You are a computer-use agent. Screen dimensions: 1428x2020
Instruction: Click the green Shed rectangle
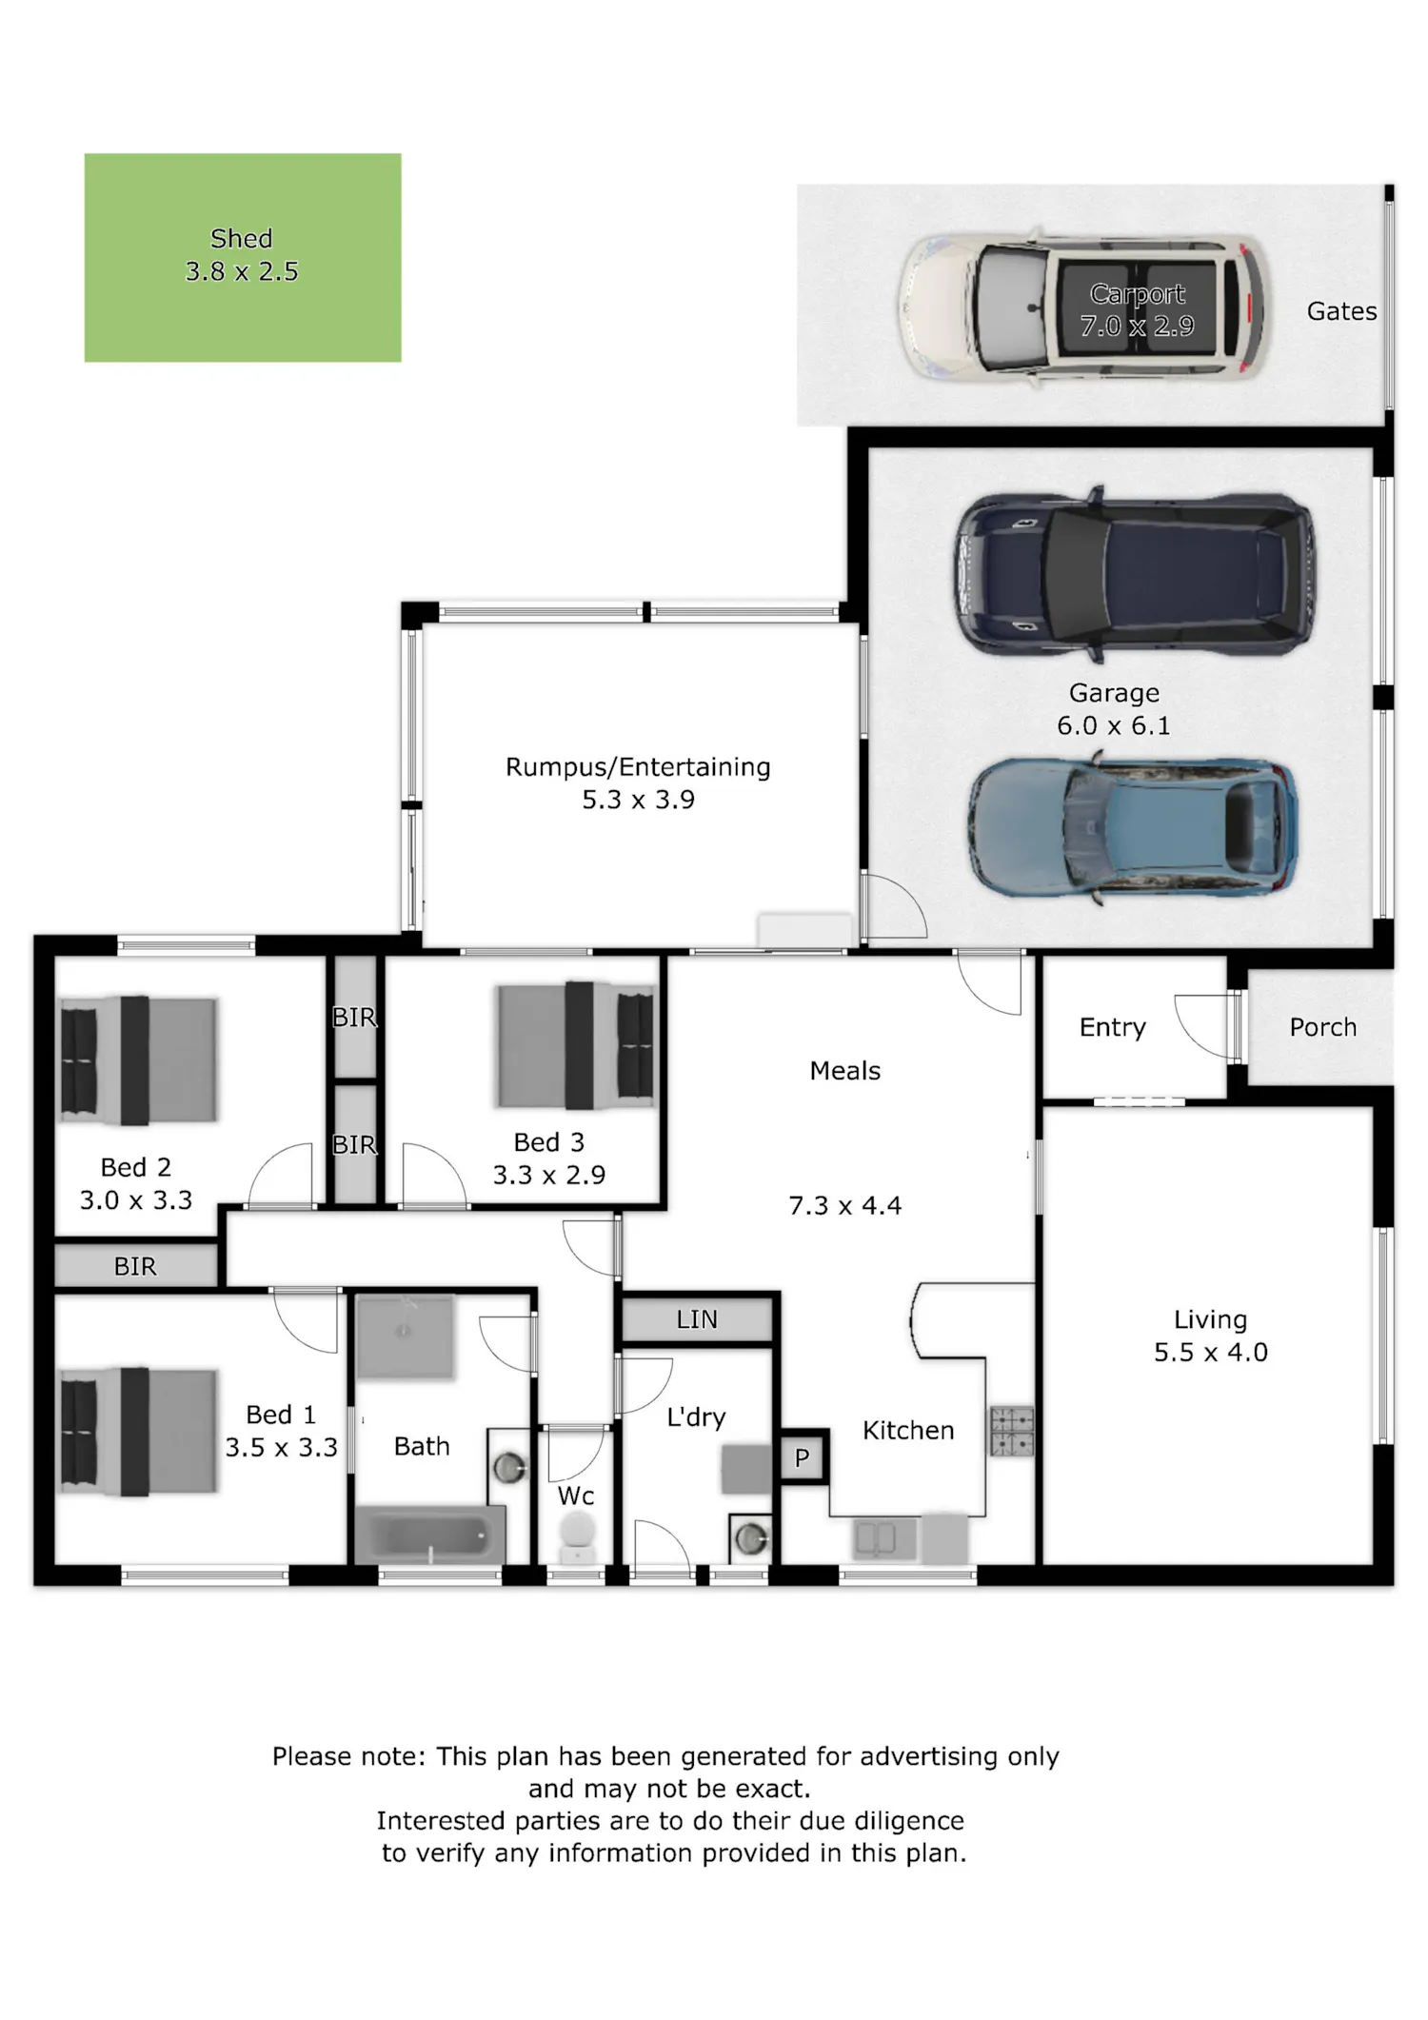click(x=243, y=257)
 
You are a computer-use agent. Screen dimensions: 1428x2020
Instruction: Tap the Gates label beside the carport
click(x=1341, y=311)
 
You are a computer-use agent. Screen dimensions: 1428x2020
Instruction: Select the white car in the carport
click(x=1083, y=308)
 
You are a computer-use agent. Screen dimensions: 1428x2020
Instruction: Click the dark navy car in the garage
click(x=1135, y=574)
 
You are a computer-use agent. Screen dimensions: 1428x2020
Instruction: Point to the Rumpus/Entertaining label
click(x=638, y=767)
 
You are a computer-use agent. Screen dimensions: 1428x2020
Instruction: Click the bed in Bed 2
click(x=139, y=1060)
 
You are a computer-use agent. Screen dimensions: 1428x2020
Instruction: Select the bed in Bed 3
click(x=576, y=1045)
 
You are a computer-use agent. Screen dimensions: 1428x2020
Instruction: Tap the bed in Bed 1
click(x=139, y=1431)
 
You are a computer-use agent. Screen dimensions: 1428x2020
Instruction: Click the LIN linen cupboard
click(x=697, y=1319)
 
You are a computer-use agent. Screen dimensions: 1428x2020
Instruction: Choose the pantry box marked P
click(x=803, y=1457)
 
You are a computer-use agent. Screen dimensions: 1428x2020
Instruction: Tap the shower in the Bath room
click(x=405, y=1337)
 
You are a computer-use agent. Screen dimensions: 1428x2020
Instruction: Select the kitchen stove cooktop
click(x=1011, y=1432)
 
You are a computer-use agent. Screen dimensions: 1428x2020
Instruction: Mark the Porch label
click(x=1322, y=1027)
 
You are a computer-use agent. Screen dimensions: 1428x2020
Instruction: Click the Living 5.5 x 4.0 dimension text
click(x=1211, y=1353)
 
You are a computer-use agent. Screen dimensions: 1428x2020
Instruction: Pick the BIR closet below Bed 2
click(x=136, y=1266)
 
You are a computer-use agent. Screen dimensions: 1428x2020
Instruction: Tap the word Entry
click(x=1112, y=1028)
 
